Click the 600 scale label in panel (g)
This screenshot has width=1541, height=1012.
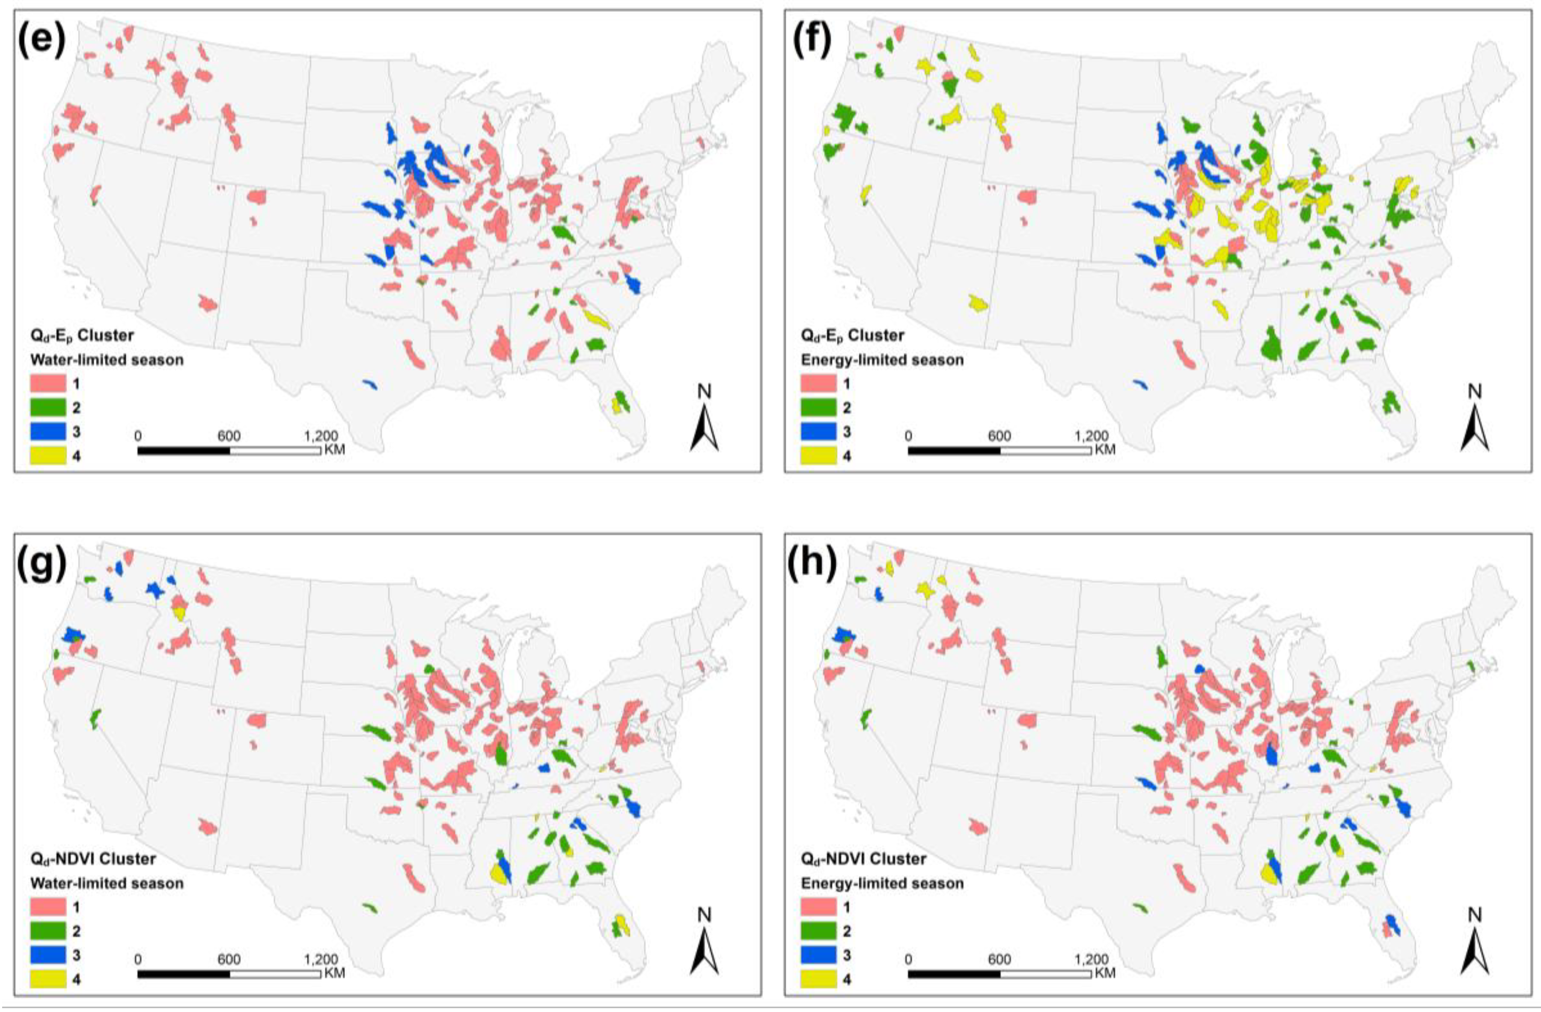(x=229, y=959)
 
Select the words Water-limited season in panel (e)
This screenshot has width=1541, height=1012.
(x=107, y=360)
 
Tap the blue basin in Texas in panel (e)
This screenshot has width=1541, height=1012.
(x=370, y=385)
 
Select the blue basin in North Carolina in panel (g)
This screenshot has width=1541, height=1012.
(x=633, y=808)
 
